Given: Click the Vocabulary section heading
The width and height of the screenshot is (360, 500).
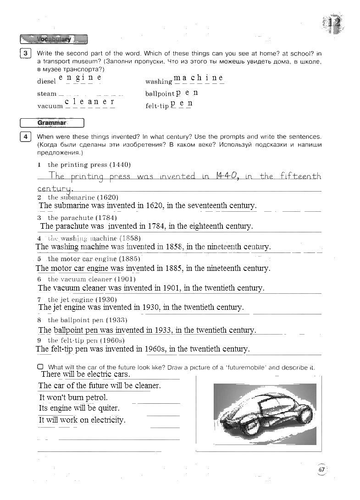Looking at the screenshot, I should [x=54, y=39].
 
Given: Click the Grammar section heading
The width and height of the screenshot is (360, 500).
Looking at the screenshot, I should [x=52, y=123].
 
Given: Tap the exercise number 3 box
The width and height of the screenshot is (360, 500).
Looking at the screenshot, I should [x=26, y=54].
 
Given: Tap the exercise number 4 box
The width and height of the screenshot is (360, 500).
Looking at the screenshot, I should [x=26, y=137].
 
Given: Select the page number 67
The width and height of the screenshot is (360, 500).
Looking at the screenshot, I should [x=321, y=469].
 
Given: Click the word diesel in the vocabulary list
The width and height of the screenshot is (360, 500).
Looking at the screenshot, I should [x=46, y=82].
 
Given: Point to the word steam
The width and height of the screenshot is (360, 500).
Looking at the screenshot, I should [x=47, y=94].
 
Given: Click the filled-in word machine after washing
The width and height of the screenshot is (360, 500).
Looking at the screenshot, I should [x=199, y=78].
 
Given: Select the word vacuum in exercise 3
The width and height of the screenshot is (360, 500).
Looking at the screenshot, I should [x=50, y=106].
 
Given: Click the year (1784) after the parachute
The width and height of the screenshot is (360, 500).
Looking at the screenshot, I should [x=106, y=218].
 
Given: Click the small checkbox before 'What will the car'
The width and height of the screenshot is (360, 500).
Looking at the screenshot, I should [x=40, y=367].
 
